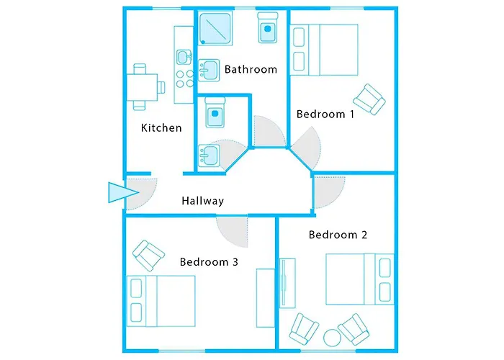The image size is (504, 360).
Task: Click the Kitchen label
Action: coord(161,128)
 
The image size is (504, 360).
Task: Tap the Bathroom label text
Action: coord(251,70)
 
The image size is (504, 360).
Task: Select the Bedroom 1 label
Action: coord(325,114)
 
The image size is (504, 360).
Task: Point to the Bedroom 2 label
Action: coord(338,235)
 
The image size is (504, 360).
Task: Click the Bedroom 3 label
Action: coord(209,262)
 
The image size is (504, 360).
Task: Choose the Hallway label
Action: coord(202,201)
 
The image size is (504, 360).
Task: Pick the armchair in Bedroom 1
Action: coord(369,99)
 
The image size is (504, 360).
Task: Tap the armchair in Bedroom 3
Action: coord(149,253)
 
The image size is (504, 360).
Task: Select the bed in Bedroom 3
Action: coord(161,299)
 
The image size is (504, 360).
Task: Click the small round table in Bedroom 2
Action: coord(332,336)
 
